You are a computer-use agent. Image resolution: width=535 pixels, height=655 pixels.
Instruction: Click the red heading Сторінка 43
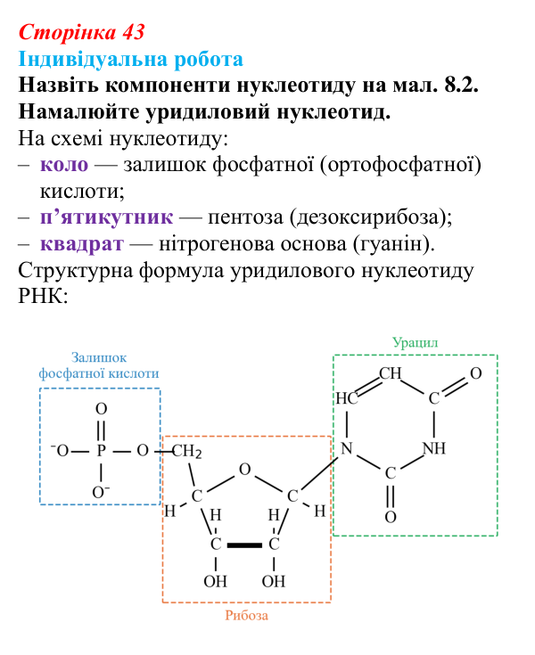(x=82, y=32)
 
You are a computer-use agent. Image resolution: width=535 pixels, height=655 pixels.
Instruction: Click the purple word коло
(x=64, y=165)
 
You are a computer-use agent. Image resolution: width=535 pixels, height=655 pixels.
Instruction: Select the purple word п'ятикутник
(x=107, y=217)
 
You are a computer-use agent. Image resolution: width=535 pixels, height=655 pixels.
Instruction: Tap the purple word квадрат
(x=82, y=244)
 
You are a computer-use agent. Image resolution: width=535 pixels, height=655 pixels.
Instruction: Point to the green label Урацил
(x=415, y=342)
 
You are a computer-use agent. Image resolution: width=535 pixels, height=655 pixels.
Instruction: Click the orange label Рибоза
(x=247, y=615)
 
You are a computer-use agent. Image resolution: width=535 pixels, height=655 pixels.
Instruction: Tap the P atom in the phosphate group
(x=101, y=451)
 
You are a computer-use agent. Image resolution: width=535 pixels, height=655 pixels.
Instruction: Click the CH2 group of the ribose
(x=186, y=451)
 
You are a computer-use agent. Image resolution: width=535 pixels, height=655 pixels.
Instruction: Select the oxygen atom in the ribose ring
(x=245, y=470)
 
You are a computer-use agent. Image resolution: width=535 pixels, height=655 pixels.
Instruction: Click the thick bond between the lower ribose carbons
(x=244, y=544)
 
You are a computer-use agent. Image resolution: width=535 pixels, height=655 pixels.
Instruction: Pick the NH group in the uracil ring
(x=434, y=448)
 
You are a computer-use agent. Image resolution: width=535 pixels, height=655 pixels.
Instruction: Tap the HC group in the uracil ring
(x=347, y=398)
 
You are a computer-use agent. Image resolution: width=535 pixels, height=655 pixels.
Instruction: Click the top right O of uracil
(x=476, y=373)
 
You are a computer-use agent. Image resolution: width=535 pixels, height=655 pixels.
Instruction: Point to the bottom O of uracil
(x=391, y=517)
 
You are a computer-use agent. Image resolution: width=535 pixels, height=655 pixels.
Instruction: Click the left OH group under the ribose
(x=215, y=581)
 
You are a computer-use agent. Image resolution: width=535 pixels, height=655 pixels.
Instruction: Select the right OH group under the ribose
(x=274, y=581)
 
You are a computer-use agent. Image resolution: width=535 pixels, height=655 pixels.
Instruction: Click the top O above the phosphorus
(x=101, y=408)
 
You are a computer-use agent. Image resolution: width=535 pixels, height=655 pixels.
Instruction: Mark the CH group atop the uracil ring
(x=391, y=373)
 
